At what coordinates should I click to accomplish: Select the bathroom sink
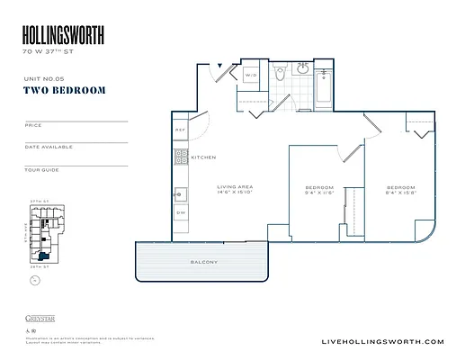pyautogui.click(x=304, y=69)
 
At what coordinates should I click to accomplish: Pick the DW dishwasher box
pyautogui.click(x=180, y=212)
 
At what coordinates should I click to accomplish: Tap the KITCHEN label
pyautogui.click(x=203, y=157)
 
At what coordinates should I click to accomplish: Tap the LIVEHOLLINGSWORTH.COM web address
pyautogui.click(x=382, y=341)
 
